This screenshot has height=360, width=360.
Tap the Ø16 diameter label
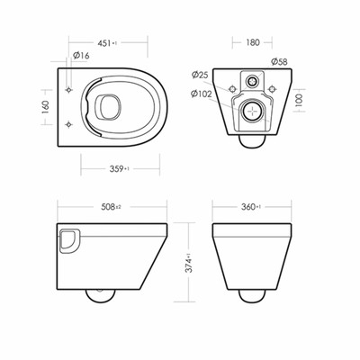point(81,55)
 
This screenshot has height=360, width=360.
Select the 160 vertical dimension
point(46,107)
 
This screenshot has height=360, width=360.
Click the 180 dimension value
point(253,42)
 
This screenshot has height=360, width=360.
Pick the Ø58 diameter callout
point(279,62)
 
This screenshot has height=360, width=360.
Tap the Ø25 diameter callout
point(200,75)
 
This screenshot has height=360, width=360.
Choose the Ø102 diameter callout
point(201,94)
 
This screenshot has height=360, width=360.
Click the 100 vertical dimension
point(300,100)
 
